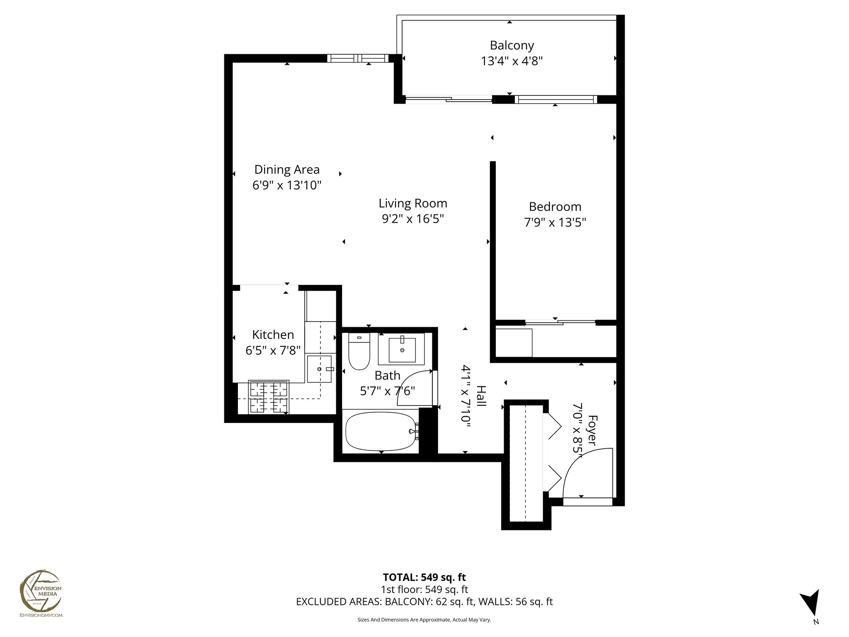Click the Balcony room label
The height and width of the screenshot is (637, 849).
pyautogui.click(x=512, y=45)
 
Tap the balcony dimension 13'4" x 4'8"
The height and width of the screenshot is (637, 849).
pyautogui.click(x=512, y=61)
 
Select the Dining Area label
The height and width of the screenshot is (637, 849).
pyautogui.click(x=287, y=170)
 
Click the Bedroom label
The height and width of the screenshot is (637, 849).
pyautogui.click(x=555, y=207)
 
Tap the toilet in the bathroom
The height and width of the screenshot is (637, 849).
pyautogui.click(x=359, y=353)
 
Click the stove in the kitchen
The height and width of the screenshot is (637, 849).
pyautogui.click(x=269, y=397)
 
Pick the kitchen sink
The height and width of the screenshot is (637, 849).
pyautogui.click(x=319, y=369)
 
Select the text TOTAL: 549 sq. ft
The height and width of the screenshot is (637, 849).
pyautogui.click(x=424, y=577)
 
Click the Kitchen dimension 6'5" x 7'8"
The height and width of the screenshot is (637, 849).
pyautogui.click(x=273, y=351)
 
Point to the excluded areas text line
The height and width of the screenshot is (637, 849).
pyautogui.click(x=424, y=602)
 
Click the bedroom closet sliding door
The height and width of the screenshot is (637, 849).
pyautogui.click(x=560, y=322)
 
